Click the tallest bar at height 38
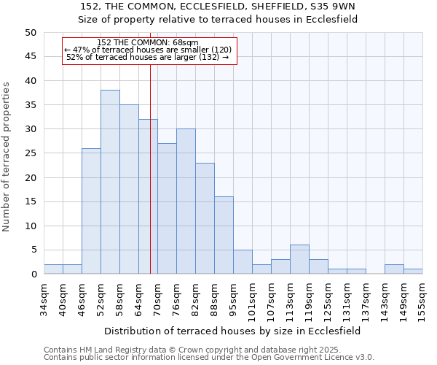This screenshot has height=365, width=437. click(x=110, y=182)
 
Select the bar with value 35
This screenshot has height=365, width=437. click(x=129, y=189)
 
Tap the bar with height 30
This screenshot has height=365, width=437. click(x=186, y=201)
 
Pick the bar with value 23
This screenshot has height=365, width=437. click(x=205, y=218)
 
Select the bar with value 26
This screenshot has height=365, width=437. click(x=91, y=211)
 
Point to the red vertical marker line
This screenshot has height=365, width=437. click(x=150, y=182)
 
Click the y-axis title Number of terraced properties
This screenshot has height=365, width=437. click(x=7, y=157)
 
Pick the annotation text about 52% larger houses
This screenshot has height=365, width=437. click(x=147, y=57)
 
